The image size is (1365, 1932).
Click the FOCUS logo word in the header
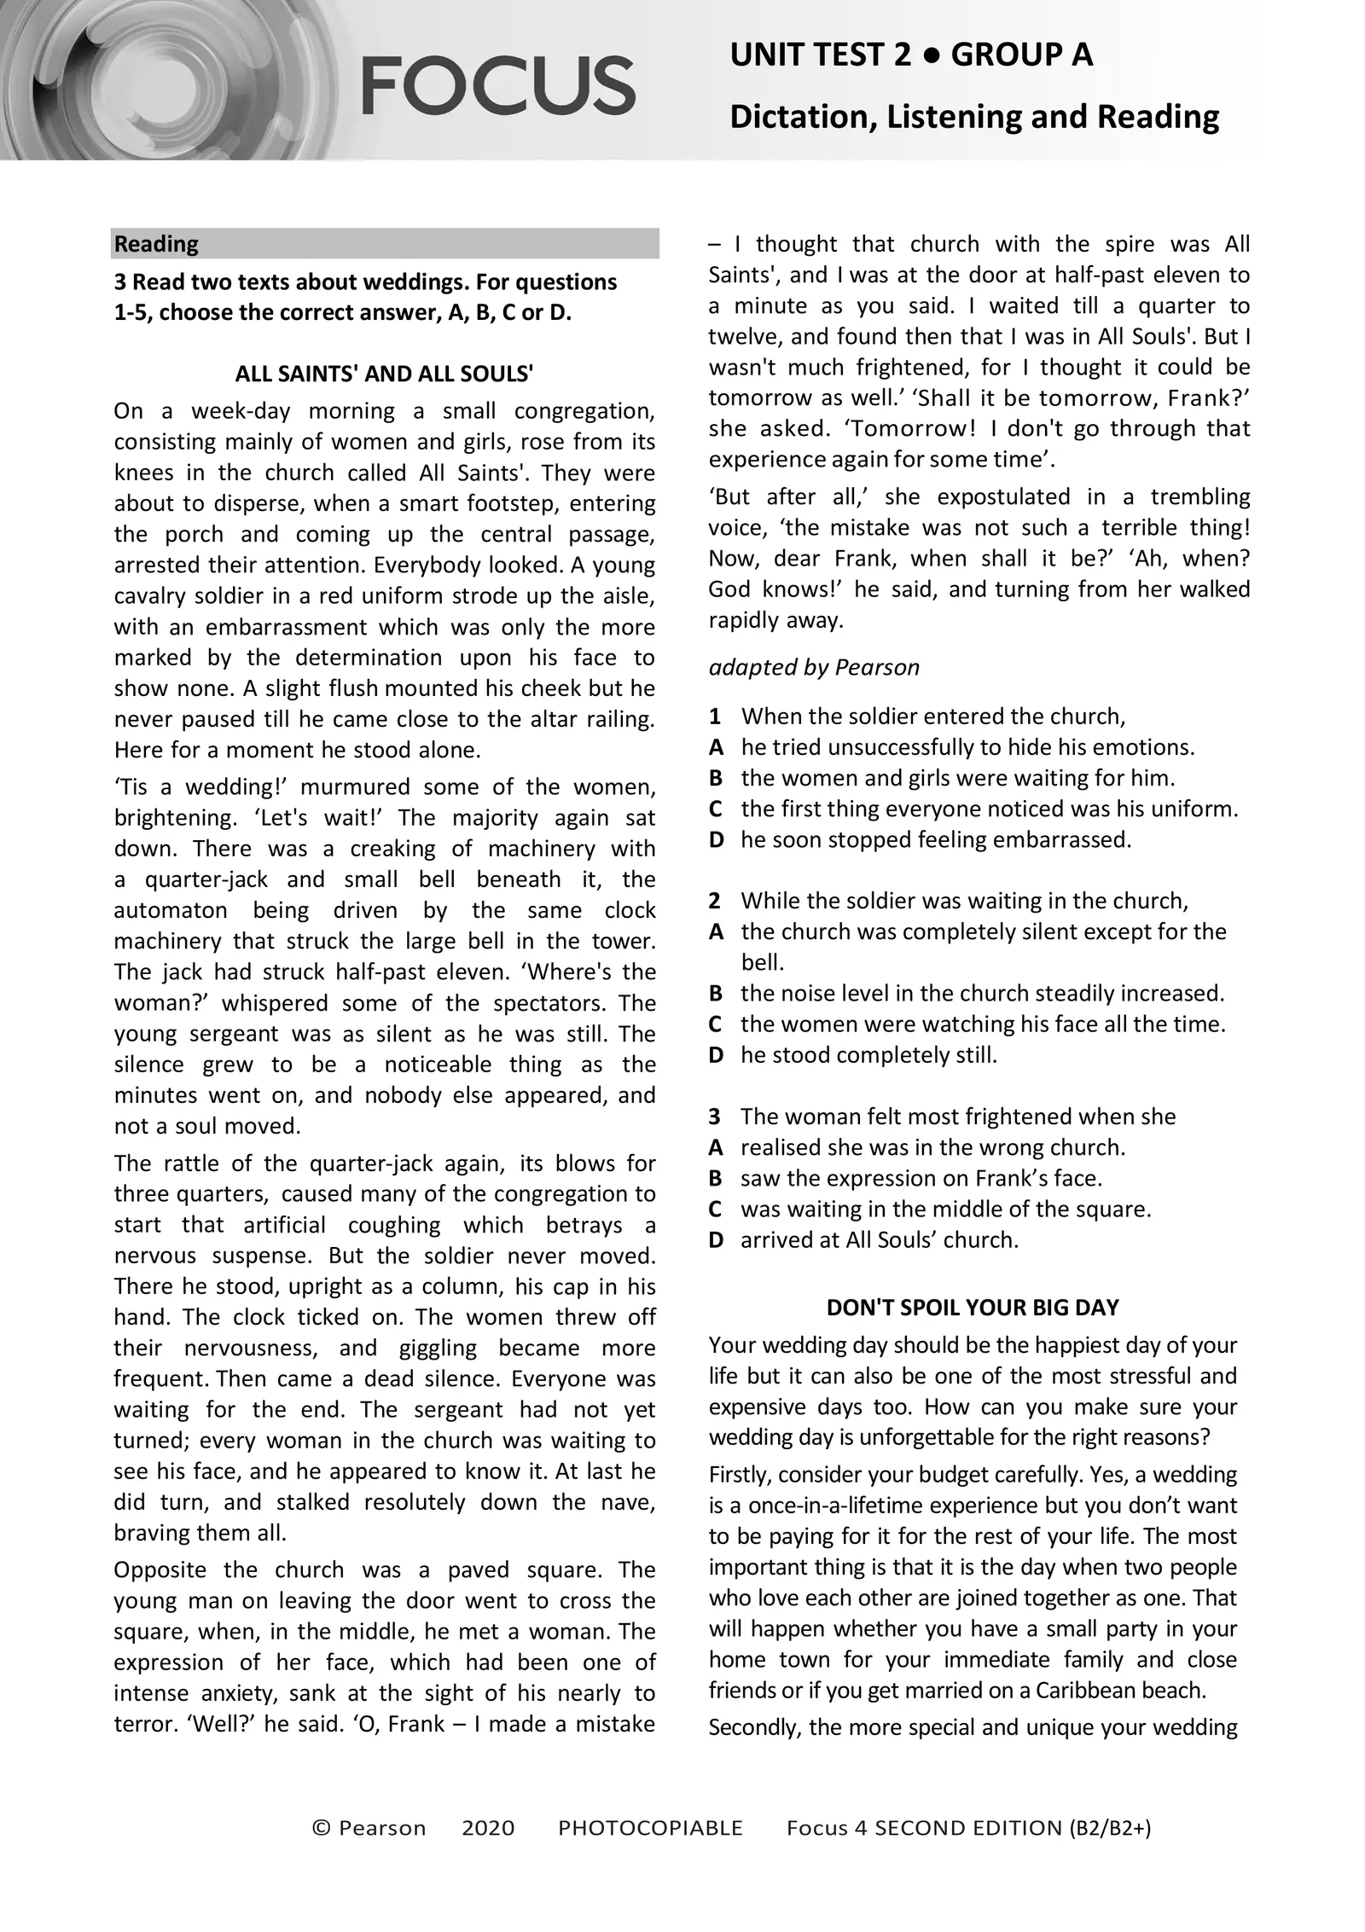(x=497, y=85)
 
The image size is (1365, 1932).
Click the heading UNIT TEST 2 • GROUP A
(x=910, y=55)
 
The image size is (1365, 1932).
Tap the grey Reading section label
(x=156, y=244)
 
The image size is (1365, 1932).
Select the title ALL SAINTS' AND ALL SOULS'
(x=384, y=374)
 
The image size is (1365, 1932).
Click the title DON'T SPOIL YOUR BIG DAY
(x=973, y=1308)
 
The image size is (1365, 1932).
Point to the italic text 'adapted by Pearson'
(x=813, y=667)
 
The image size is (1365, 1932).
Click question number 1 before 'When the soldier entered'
(x=715, y=717)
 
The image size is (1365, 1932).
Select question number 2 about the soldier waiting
(x=715, y=901)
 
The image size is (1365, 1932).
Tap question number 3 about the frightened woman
(x=715, y=1117)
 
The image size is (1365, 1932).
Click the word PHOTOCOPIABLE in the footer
(x=650, y=1828)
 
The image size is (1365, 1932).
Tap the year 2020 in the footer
(x=488, y=1828)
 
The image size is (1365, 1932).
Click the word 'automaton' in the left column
(x=170, y=910)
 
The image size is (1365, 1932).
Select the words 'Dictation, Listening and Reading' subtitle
(x=973, y=116)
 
